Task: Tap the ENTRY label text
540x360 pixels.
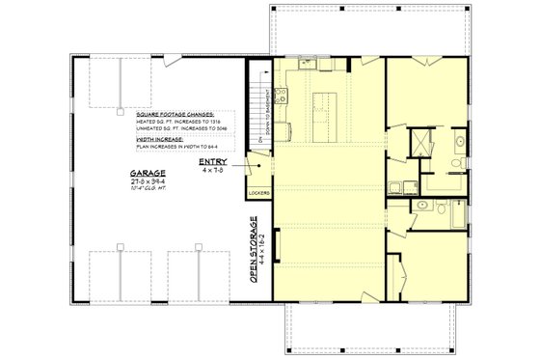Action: pos(213,162)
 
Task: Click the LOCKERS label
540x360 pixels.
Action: pos(258,193)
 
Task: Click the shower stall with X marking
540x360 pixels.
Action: pos(421,144)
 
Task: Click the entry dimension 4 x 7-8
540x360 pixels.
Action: pos(213,171)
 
